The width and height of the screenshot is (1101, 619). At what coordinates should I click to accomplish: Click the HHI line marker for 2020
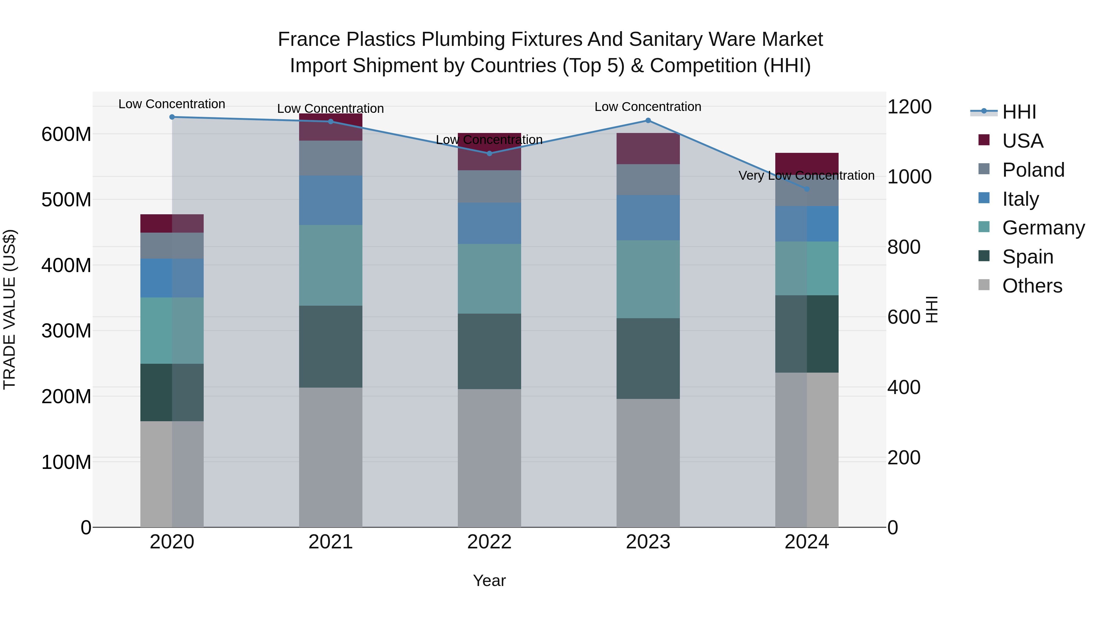click(x=172, y=117)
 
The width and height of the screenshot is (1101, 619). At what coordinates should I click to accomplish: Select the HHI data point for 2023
click(x=648, y=120)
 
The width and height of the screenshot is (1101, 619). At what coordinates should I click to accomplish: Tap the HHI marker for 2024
click(x=806, y=189)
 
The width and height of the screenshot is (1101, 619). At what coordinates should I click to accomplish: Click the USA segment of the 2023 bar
click(x=648, y=149)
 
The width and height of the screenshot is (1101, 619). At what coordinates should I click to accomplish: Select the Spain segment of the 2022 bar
click(x=489, y=351)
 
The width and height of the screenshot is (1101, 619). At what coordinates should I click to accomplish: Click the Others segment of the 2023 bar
click(x=648, y=463)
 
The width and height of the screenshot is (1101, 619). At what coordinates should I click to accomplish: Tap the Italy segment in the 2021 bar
click(x=330, y=200)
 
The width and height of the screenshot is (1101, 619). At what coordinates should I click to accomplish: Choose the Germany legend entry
click(x=1043, y=228)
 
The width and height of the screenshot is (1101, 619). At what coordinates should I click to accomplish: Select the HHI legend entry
click(x=1019, y=112)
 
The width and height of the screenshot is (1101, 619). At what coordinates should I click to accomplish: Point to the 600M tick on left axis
click(x=66, y=134)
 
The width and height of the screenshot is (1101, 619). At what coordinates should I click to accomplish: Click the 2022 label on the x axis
click(x=489, y=542)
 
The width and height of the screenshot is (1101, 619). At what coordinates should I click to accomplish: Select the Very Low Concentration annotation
click(x=806, y=175)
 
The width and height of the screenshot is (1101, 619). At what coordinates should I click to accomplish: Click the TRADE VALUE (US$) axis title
click(x=9, y=309)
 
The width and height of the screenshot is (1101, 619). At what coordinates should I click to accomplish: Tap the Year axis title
click(x=489, y=580)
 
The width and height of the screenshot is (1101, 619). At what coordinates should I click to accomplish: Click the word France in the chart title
click(x=309, y=39)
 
